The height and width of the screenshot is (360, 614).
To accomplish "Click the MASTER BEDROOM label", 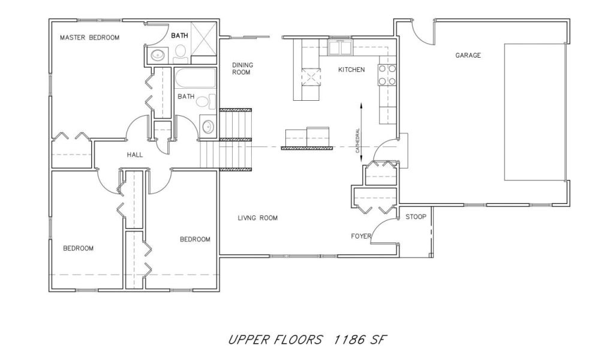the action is pos(90,38).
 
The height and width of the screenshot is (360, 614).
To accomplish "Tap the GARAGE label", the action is pos(468,55).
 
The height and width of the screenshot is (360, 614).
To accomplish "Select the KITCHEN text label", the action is pos(351,70).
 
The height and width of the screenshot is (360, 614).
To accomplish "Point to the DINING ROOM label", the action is pos(242,68).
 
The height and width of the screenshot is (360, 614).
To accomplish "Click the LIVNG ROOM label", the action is pos(258,218).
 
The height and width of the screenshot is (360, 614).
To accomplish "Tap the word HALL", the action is pos(135,155).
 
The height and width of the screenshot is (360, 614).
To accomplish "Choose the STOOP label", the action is pos(416,217).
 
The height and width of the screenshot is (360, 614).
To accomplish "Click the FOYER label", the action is pos(360,236).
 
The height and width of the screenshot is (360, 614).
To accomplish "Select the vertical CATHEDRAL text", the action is pos(357,140).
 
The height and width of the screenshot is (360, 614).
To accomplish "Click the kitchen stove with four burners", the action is pos(387,75).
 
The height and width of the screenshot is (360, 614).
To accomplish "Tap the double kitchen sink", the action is pos(341,48).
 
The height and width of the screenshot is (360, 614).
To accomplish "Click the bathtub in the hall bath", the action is pos(195,79).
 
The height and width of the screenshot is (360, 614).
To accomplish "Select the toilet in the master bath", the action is pos(180,54).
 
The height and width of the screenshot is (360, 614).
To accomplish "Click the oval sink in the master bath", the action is pos(158,55).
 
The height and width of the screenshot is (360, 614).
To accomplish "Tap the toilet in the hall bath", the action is pos(206,101).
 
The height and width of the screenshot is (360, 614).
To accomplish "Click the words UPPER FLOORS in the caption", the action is pos(276,339).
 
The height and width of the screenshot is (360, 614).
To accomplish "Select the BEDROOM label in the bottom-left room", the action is pos(79,248).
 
